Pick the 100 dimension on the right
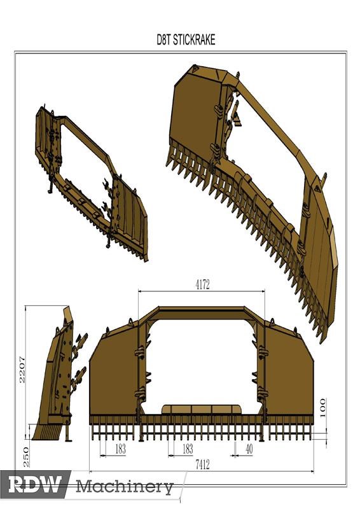tap(322, 405)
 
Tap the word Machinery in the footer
tap(125, 487)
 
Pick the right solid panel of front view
tap(289, 375)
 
